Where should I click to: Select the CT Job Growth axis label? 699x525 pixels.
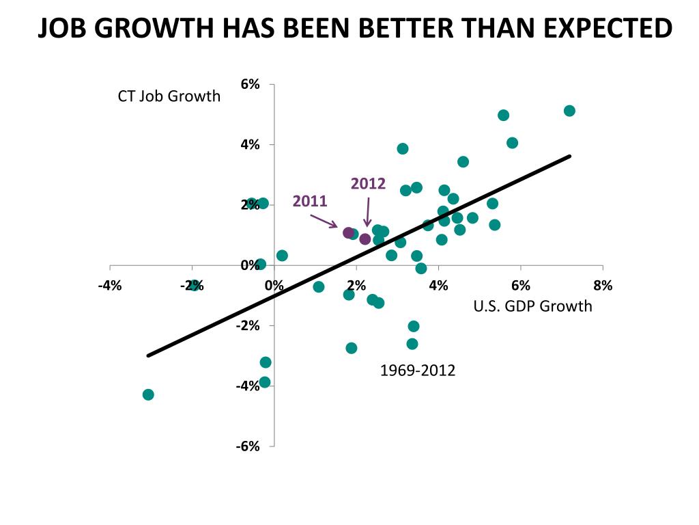[x=169, y=96]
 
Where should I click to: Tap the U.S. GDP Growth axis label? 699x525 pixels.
[x=532, y=306]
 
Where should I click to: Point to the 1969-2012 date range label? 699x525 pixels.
[x=417, y=371]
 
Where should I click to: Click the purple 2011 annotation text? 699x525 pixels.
[x=310, y=201]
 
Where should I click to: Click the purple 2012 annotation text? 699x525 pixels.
[x=368, y=183]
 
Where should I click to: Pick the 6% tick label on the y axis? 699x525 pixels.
[x=250, y=85]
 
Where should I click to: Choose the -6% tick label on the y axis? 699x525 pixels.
[x=248, y=446]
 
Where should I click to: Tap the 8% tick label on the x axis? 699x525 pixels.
[x=603, y=286]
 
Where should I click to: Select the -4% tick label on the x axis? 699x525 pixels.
[x=110, y=286]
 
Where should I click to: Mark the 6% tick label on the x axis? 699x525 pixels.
[x=520, y=286]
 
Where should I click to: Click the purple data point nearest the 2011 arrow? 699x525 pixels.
[x=348, y=233]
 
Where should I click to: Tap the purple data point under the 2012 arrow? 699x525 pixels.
[x=365, y=239]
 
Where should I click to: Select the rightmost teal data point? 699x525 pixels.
[x=569, y=111]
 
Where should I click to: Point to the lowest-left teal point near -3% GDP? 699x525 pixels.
[x=148, y=394]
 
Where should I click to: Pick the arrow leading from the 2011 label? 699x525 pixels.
[x=324, y=221]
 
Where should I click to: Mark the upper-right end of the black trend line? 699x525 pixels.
[x=569, y=157]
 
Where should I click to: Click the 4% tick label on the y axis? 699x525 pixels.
[x=250, y=145]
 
